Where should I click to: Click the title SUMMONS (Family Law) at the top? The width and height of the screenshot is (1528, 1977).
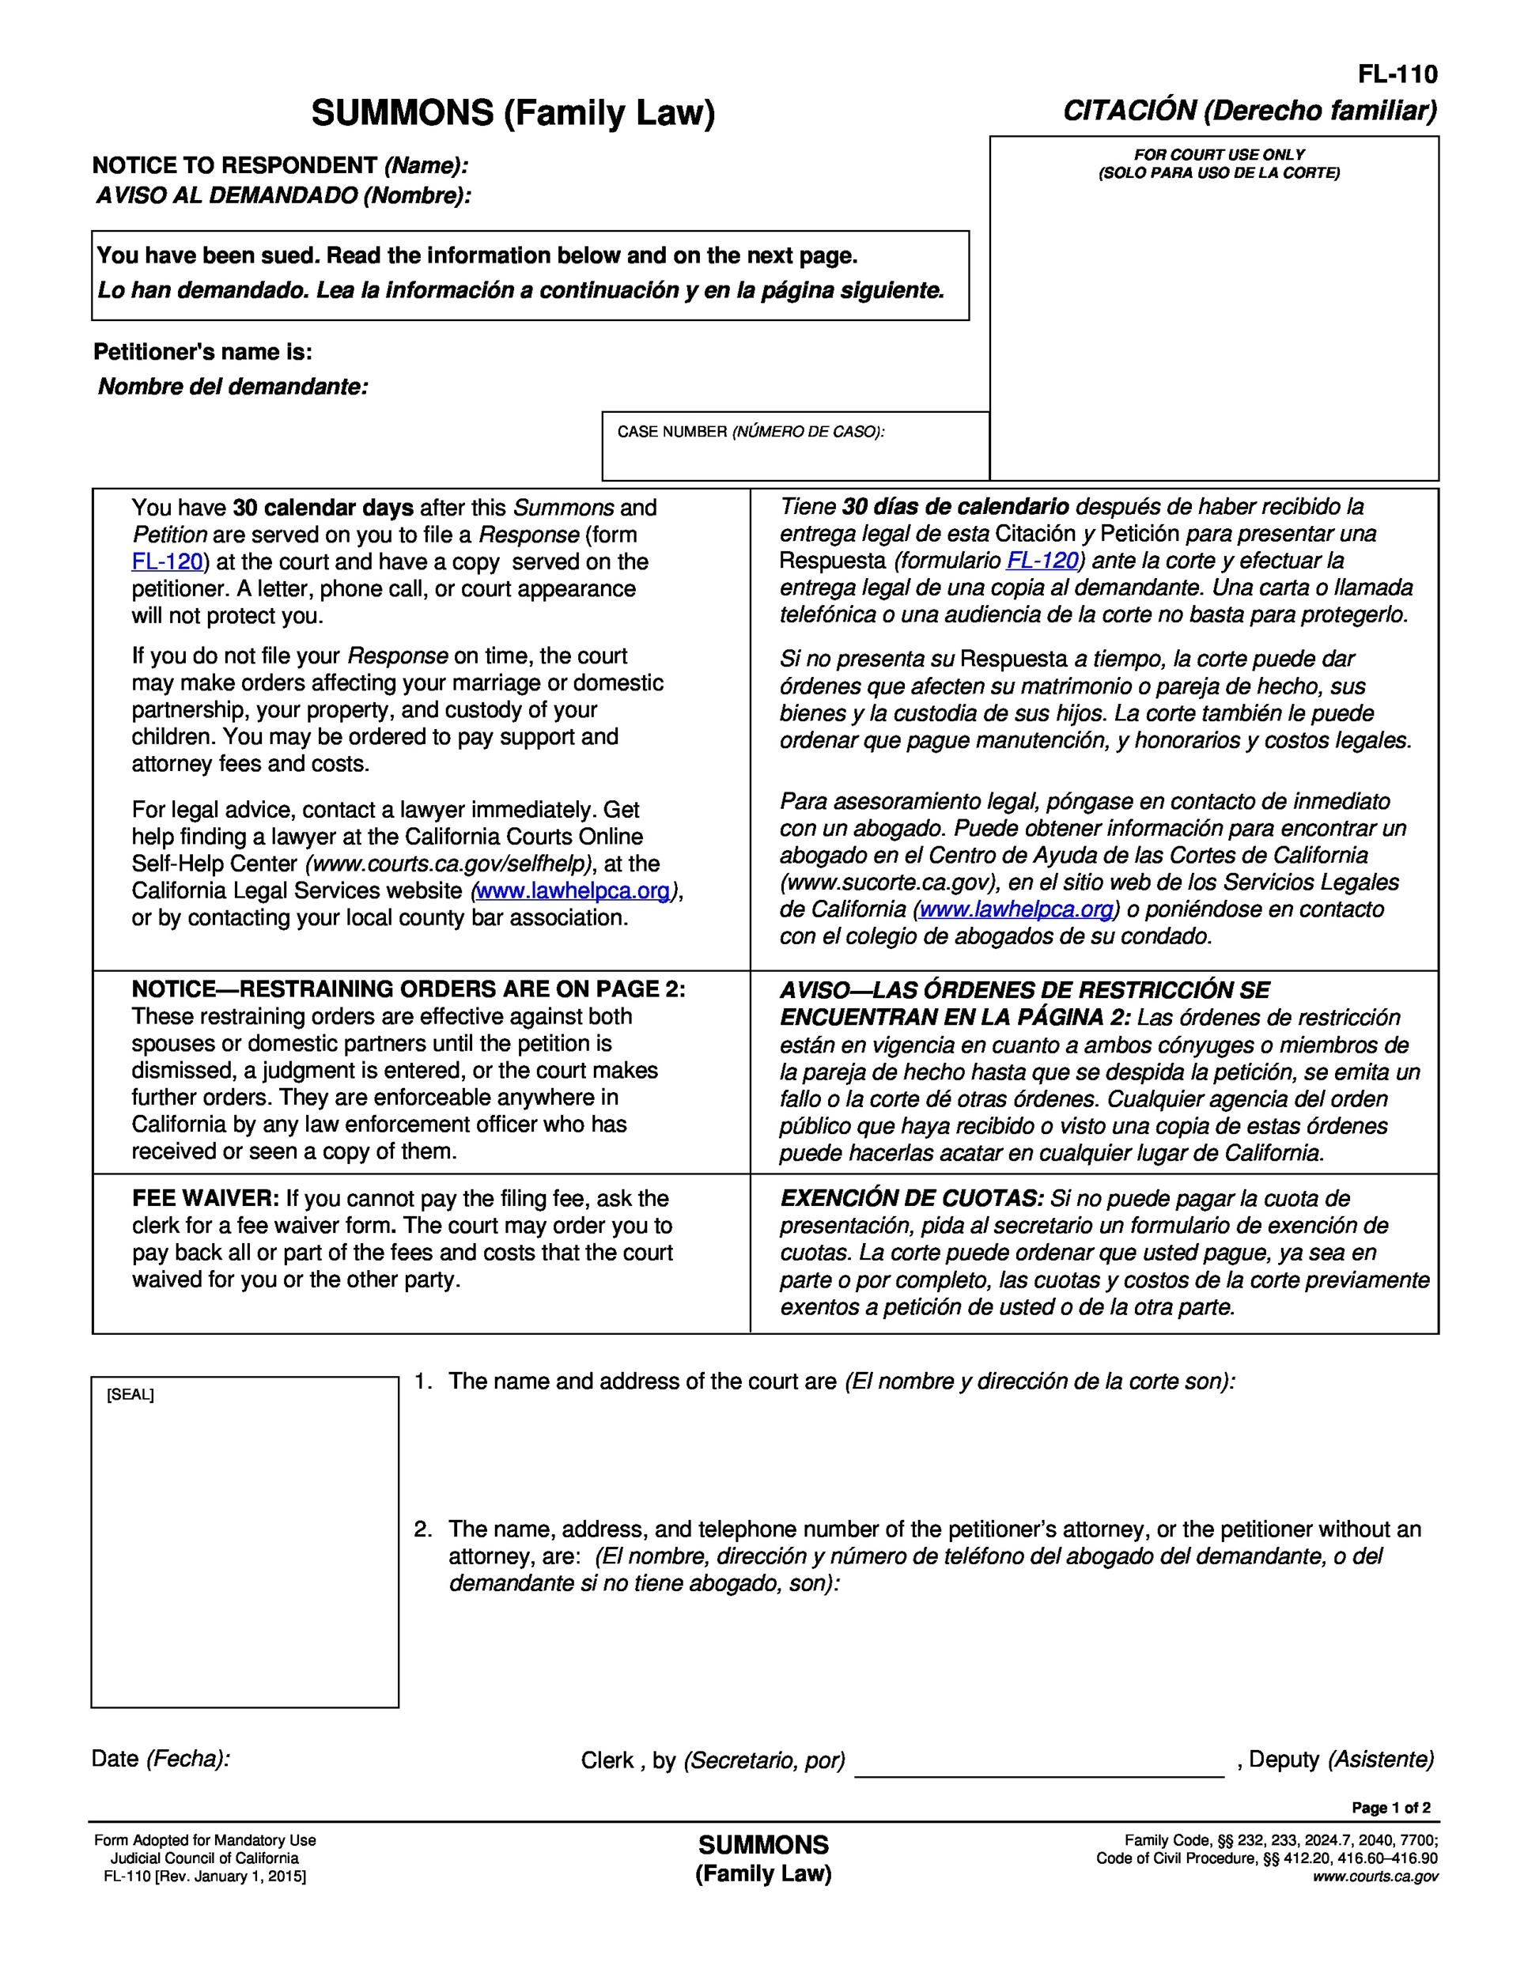pos(512,113)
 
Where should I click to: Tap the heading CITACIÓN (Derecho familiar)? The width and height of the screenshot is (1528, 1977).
pos(1249,111)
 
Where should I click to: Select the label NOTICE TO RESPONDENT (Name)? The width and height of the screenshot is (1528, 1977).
pos(280,165)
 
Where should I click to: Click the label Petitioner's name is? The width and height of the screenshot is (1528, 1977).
pos(202,352)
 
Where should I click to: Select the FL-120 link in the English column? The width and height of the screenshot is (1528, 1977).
pos(168,562)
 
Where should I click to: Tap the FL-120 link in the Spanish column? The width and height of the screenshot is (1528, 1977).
pos(1042,561)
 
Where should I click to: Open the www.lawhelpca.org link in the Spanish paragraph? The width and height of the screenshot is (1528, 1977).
pos(1016,909)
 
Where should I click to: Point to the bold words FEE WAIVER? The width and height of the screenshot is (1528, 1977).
pos(206,1199)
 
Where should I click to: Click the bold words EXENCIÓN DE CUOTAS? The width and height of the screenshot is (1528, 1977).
pos(912,1199)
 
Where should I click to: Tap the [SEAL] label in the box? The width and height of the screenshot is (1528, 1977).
pos(130,1395)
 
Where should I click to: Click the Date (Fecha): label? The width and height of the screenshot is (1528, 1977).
pos(161,1759)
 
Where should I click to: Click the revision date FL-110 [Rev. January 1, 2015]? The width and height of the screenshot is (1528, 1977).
pos(205,1877)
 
